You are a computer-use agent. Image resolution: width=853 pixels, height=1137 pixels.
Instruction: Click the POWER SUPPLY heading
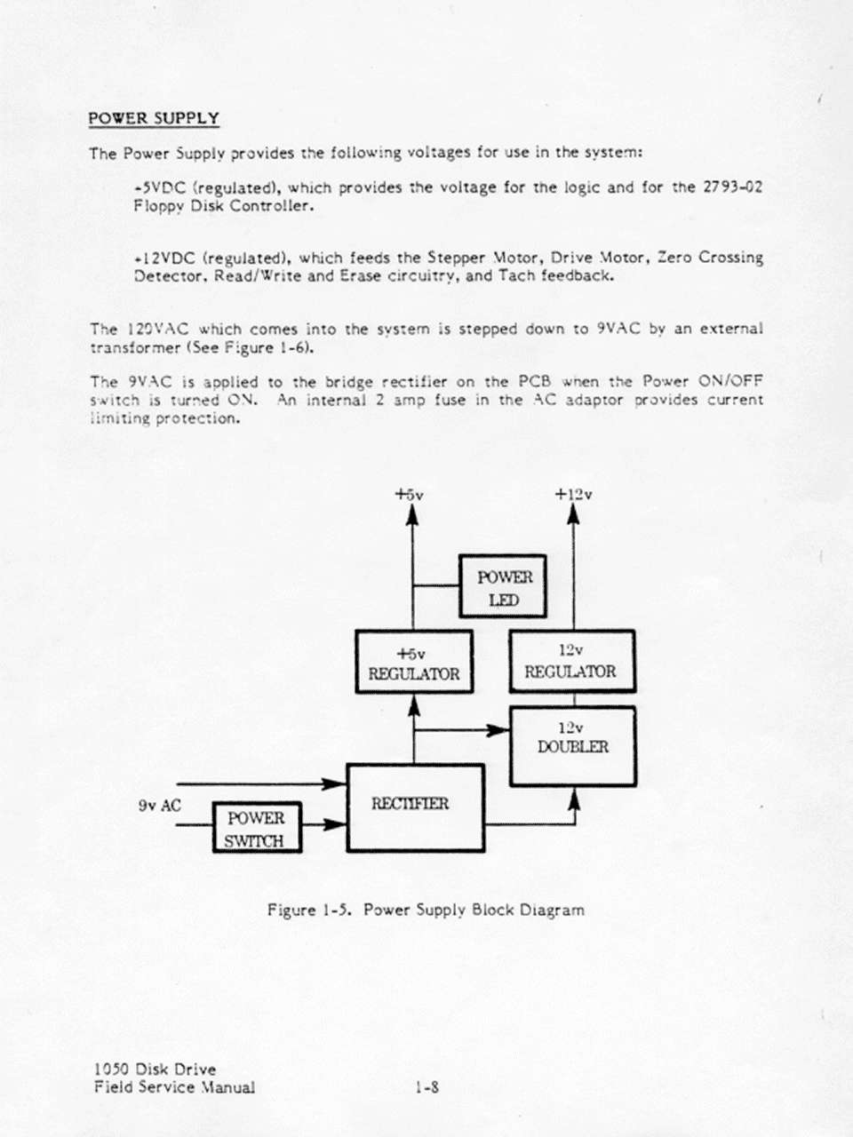pos(154,119)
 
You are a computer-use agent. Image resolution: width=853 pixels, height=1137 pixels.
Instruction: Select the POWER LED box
pos(502,586)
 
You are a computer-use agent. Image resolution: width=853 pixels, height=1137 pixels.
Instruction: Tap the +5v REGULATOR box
pos(414,662)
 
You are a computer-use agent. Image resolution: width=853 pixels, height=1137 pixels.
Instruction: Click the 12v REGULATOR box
pos(571,661)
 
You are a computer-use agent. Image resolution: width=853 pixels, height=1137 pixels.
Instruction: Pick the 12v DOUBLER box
pos(572,746)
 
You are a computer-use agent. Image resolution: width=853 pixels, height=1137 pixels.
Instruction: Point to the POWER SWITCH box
pos(257,828)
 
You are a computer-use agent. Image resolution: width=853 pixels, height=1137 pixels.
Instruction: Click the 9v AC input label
pos(160,806)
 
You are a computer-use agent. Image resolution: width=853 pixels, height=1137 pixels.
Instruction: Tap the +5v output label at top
pos(410,494)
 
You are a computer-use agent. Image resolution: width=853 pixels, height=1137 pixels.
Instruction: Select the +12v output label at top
pos(573,494)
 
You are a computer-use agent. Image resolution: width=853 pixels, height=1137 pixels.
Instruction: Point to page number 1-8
pos(426,1085)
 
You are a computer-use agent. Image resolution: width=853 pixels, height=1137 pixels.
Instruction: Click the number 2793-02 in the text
pos(732,187)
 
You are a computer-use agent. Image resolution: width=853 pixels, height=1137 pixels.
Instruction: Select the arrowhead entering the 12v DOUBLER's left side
pos(499,730)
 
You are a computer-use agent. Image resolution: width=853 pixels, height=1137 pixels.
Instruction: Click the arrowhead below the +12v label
pos(574,515)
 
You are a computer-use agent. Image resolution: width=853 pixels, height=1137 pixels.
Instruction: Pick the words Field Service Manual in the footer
pos(174,1086)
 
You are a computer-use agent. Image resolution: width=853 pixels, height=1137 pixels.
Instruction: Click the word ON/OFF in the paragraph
pos(730,381)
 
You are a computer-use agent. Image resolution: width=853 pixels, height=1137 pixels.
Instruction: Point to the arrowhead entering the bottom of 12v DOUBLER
pos(574,799)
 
